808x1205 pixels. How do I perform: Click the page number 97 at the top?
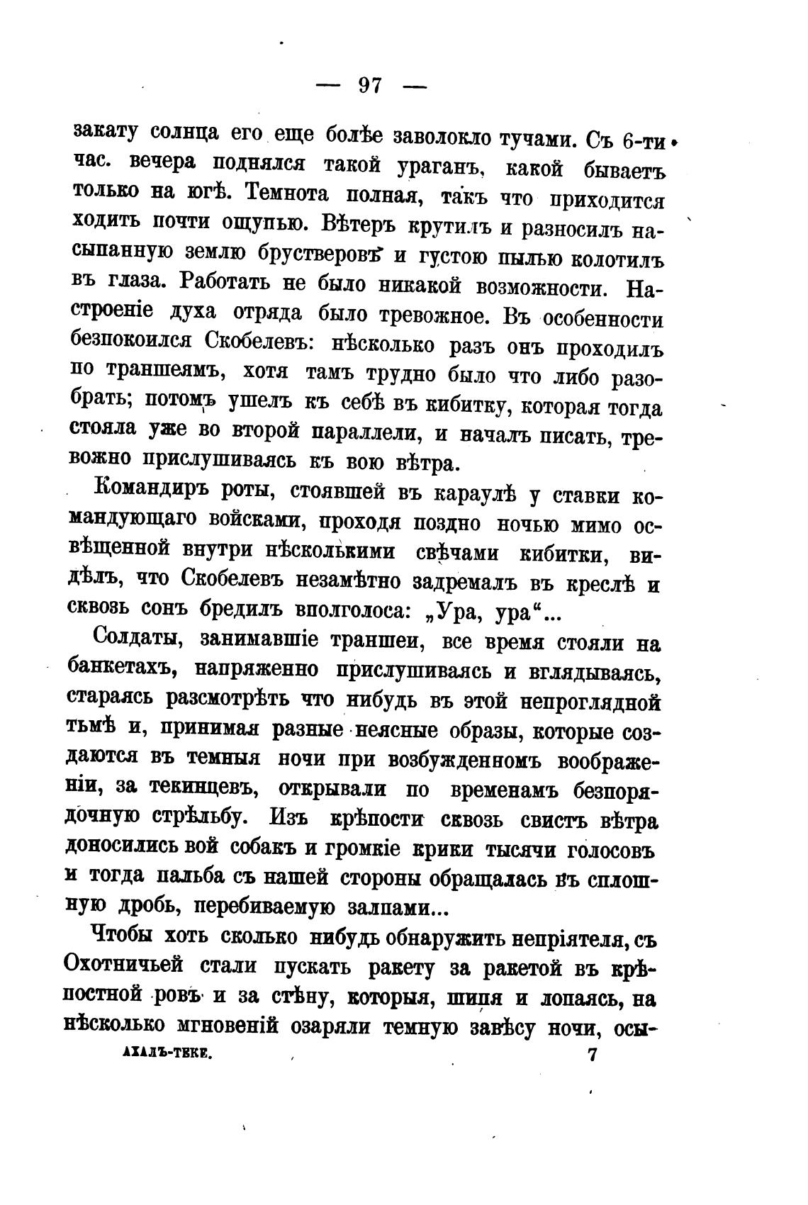pyautogui.click(x=370, y=86)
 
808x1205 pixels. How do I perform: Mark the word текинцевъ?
pyautogui.click(x=203, y=789)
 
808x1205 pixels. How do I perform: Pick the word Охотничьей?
pyautogui.click(x=133, y=967)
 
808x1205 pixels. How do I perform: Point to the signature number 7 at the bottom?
pyautogui.click(x=592, y=1054)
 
